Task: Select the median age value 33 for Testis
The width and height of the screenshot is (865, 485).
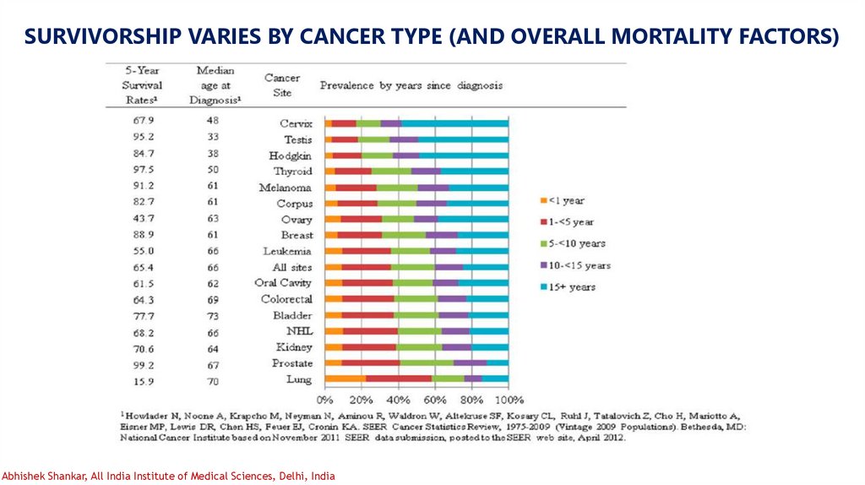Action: coord(212,139)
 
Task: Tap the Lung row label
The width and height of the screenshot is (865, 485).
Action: coord(298,381)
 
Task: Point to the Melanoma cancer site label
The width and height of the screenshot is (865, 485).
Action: coord(285,188)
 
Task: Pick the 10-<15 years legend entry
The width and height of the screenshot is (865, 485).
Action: coord(579,265)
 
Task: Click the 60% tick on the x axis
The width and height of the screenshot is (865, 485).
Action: coord(435,399)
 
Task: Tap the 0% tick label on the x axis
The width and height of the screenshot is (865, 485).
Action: coord(324,399)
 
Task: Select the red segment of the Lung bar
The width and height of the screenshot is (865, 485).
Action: coord(399,379)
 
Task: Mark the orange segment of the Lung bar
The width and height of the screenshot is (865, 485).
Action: coord(345,379)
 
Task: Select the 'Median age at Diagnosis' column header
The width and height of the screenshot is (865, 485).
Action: coord(215,85)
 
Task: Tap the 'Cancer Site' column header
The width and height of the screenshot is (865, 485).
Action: coord(282,85)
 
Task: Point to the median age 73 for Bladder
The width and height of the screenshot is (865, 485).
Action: coord(212,315)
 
